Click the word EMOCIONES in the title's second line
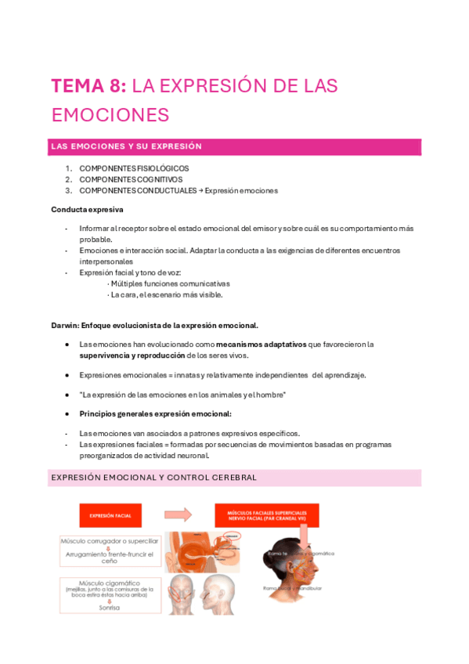[110, 115]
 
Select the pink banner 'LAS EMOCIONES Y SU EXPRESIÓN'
[235, 146]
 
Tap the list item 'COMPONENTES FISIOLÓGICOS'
[134, 168]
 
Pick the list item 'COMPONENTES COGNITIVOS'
[131, 179]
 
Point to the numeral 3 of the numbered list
[68, 190]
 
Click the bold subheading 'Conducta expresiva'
[87, 210]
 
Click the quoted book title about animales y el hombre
[182, 395]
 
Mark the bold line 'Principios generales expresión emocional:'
[155, 413]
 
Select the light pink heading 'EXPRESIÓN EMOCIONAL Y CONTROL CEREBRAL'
[153, 477]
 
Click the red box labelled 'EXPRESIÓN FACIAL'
[110, 516]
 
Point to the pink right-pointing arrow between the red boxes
[178, 515]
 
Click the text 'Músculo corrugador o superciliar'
[109, 541]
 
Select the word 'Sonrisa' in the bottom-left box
[109, 607]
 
